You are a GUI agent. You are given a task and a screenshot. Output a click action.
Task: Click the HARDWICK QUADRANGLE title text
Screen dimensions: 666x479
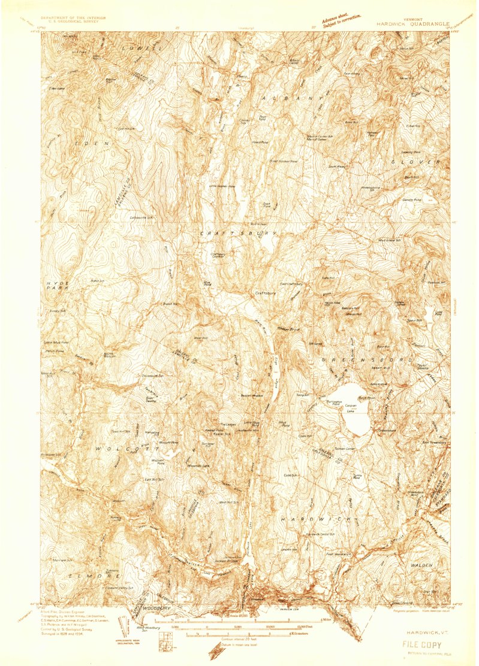coord(413,24)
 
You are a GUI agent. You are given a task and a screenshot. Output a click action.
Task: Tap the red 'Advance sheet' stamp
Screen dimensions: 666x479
coord(341,22)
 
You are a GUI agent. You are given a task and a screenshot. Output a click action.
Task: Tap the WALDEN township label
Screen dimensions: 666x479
coord(421,565)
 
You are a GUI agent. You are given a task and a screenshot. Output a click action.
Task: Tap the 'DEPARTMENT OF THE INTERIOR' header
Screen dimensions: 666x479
coord(73,18)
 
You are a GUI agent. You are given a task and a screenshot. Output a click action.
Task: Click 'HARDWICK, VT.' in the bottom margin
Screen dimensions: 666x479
coord(423,632)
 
